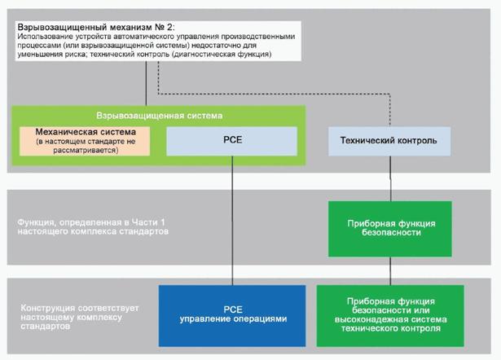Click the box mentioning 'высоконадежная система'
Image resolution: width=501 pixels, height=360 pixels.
click(x=389, y=313)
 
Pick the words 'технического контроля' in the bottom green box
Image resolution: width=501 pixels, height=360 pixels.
click(x=389, y=329)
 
